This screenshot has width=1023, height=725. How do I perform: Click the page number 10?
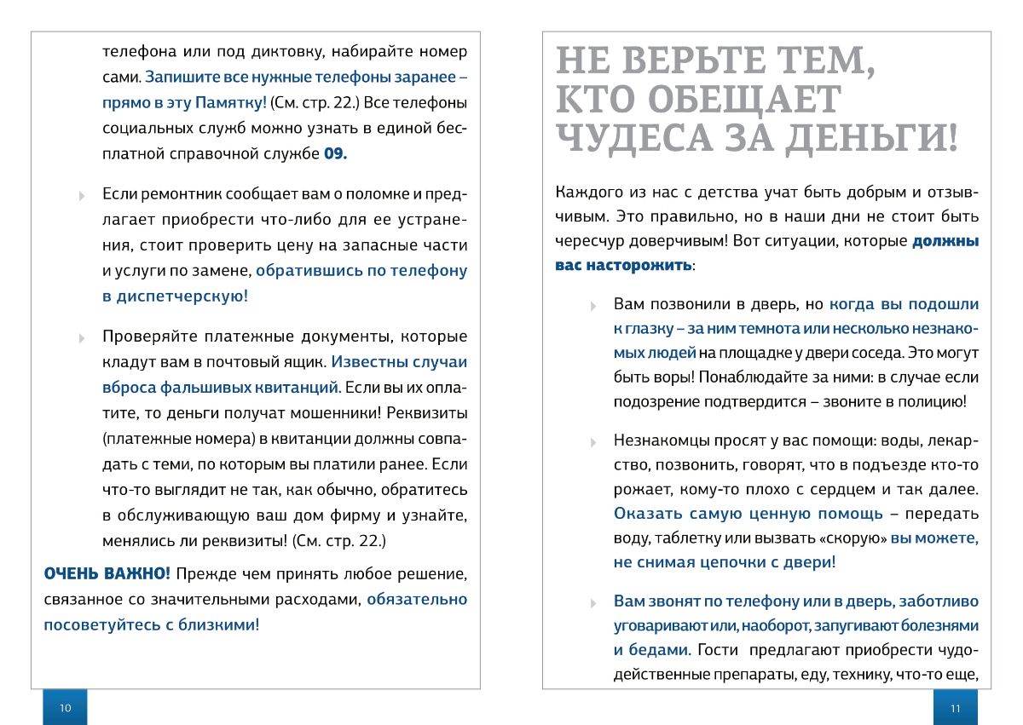(66, 708)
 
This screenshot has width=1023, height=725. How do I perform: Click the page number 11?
(955, 708)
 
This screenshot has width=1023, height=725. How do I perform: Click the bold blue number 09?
(335, 155)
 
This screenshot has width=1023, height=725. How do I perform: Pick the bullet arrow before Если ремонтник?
(82, 195)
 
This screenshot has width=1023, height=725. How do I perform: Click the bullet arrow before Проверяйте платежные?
(82, 337)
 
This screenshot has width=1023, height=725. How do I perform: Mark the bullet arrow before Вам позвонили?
(593, 305)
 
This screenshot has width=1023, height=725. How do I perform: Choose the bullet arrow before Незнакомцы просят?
(593, 442)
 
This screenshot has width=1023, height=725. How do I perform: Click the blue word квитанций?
(295, 388)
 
